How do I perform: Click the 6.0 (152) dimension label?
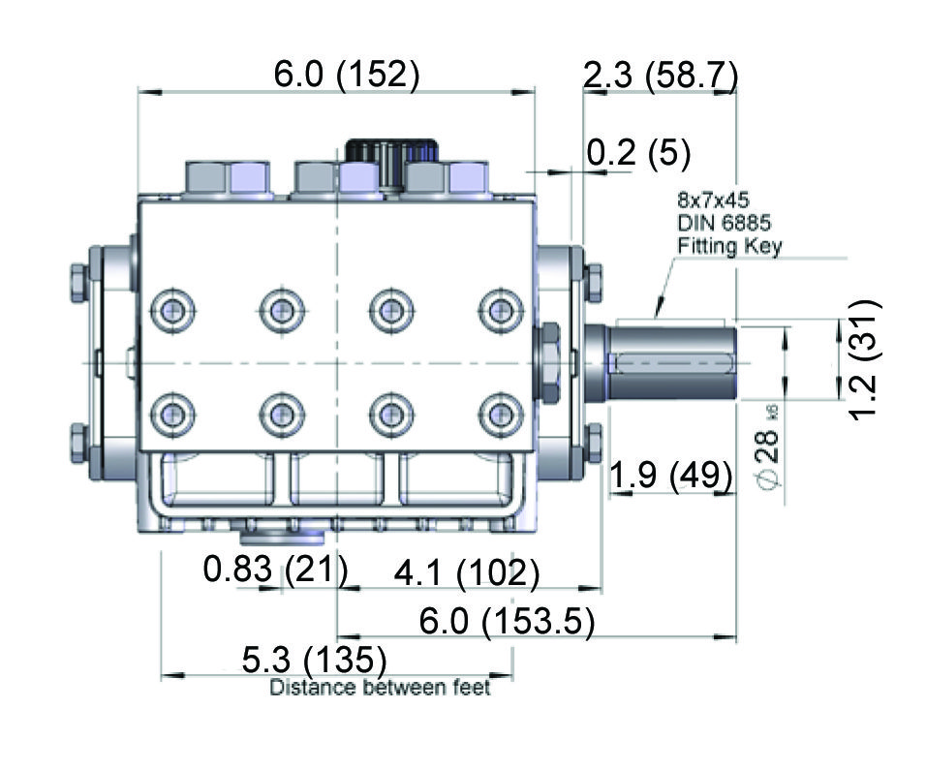(x=347, y=75)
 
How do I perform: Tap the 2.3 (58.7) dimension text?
(x=661, y=76)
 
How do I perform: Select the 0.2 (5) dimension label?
(x=638, y=153)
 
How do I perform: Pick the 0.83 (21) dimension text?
(x=275, y=570)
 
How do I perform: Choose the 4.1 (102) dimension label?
(x=467, y=572)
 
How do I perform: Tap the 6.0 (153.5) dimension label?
(x=507, y=621)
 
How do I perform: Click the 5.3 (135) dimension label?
(x=314, y=660)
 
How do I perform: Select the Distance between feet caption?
(x=380, y=688)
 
